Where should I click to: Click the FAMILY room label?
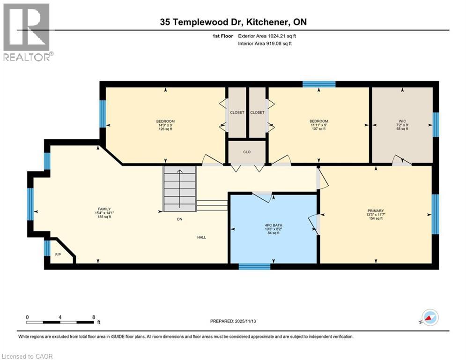[104, 209]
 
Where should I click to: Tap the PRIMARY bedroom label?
[376, 211]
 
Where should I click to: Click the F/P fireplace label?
[58, 255]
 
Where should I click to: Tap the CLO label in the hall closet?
[247, 152]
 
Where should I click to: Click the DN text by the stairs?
[179, 219]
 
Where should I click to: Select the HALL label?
[201, 237]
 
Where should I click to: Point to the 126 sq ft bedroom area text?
[165, 129]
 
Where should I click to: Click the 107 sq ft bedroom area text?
[318, 129]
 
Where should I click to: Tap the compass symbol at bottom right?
[430, 317]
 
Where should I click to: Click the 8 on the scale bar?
[94, 317]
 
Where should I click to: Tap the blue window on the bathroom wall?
[254, 267]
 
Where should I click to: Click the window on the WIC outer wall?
[436, 124]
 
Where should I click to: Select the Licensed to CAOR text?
[28, 356]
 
